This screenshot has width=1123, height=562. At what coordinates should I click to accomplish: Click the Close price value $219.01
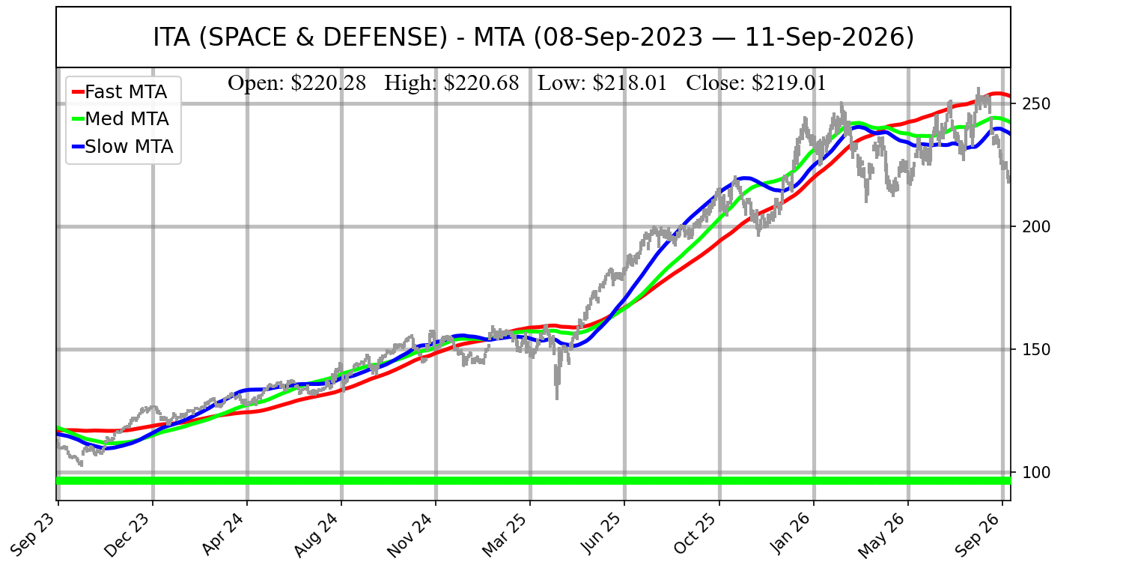pyautogui.click(x=788, y=83)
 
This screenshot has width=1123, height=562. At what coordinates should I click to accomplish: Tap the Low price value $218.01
pyautogui.click(x=630, y=83)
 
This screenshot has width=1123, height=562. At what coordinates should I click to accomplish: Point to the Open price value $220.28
pyautogui.click(x=329, y=83)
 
